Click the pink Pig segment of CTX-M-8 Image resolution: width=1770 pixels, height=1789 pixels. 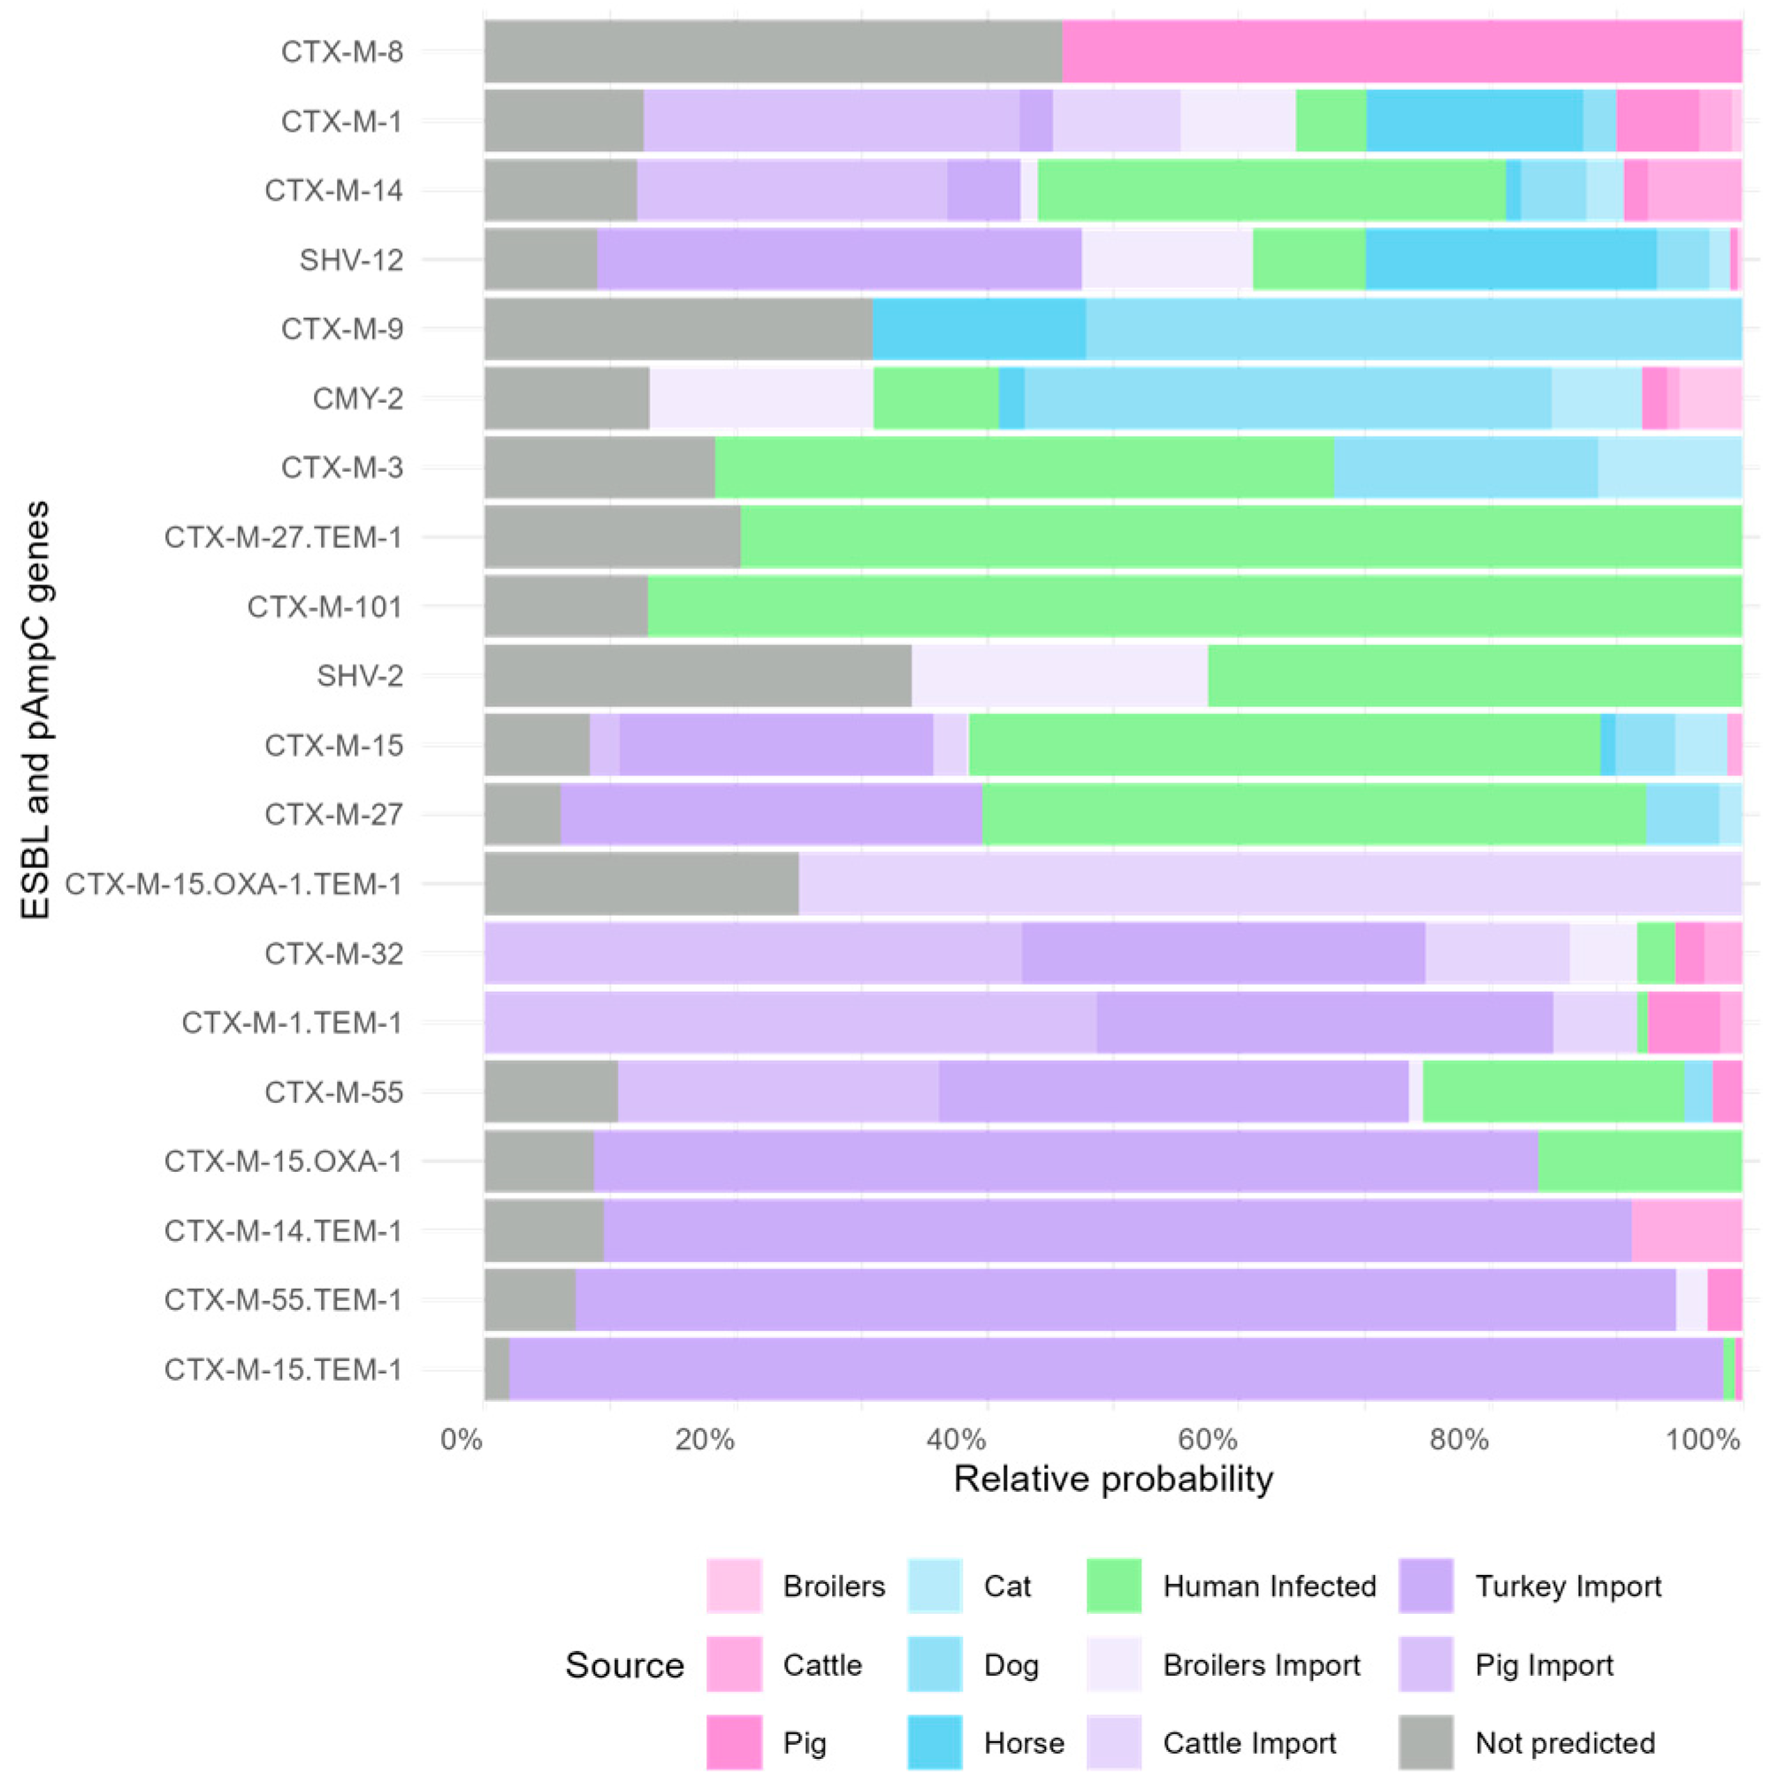[x=1401, y=52]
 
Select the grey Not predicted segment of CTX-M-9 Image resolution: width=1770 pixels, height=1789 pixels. [x=678, y=329]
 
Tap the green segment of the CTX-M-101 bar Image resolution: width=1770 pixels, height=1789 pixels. [x=1194, y=606]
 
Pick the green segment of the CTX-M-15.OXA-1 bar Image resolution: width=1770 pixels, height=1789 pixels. [x=1639, y=1161]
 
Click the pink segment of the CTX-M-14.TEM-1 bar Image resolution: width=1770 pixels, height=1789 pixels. [x=1687, y=1230]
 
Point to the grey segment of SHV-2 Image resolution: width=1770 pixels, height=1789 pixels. [x=698, y=676]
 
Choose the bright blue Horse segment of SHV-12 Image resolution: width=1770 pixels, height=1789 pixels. [x=1511, y=259]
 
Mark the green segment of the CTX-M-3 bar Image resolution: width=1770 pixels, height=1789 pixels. [x=1025, y=468]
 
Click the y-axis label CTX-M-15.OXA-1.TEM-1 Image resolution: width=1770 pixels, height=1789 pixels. [x=233, y=884]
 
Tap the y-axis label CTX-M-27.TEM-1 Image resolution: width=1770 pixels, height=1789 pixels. [x=284, y=537]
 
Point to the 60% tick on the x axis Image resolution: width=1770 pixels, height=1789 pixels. [x=1208, y=1440]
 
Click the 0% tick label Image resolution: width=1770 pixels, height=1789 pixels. [x=462, y=1440]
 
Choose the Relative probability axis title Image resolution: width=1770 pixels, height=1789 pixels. [x=1113, y=1480]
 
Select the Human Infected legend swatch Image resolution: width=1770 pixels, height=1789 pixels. [x=1113, y=1587]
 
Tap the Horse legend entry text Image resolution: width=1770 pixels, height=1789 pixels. [x=1024, y=1744]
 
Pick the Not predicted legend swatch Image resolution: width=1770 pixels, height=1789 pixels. [x=1425, y=1743]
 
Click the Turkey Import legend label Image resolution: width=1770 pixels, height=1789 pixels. [x=1568, y=1587]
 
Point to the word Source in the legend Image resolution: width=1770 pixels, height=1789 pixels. [x=624, y=1665]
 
